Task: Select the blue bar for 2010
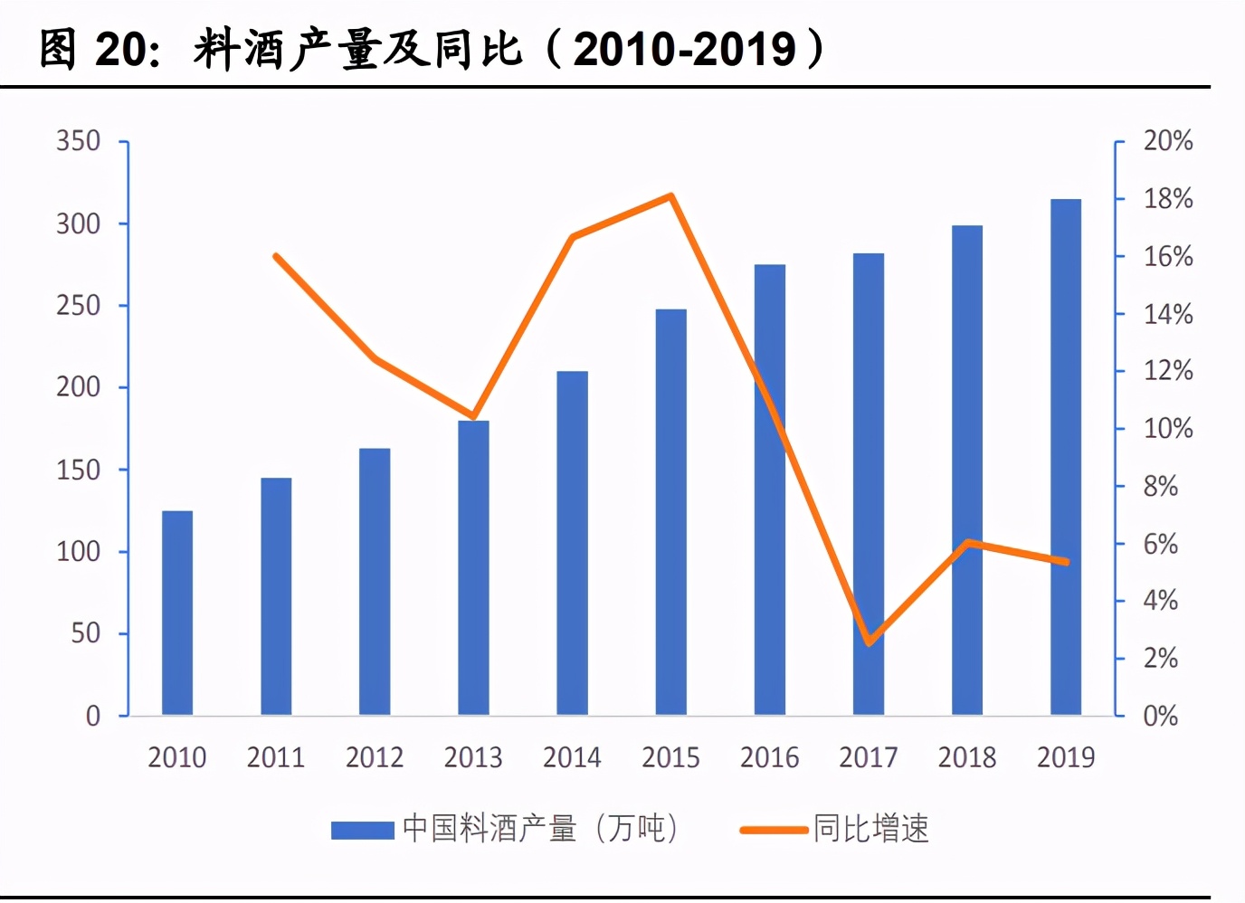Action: click(177, 613)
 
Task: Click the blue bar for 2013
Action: click(473, 568)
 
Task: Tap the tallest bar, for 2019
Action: click(1066, 457)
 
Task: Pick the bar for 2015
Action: click(670, 512)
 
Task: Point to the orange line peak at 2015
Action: click(670, 196)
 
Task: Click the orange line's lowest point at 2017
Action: click(869, 643)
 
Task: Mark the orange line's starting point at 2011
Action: click(276, 256)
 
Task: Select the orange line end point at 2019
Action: click(1067, 562)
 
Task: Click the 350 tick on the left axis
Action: click(79, 141)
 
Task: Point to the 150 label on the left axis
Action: click(79, 470)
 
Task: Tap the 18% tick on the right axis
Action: click(1167, 199)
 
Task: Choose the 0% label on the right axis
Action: click(1160, 716)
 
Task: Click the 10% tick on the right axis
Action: click(1167, 428)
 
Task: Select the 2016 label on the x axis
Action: click(769, 757)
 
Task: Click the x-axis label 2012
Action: click(375, 757)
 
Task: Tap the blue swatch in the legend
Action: click(362, 829)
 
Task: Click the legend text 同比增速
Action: click(870, 829)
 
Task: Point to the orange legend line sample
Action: click(774, 829)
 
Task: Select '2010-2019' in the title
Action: click(685, 49)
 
